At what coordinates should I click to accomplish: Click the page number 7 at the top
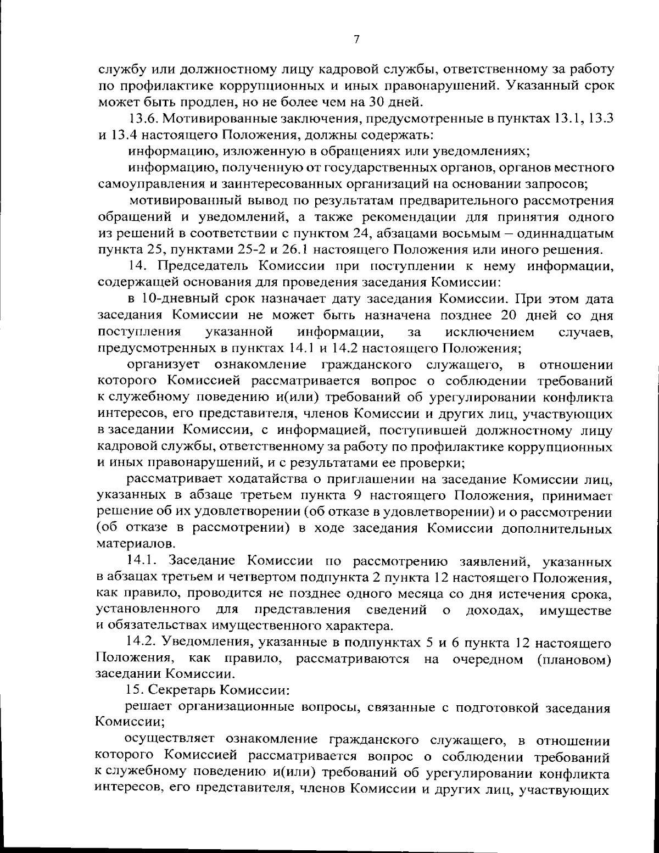coord(356,40)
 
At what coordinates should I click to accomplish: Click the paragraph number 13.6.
coord(143,119)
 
